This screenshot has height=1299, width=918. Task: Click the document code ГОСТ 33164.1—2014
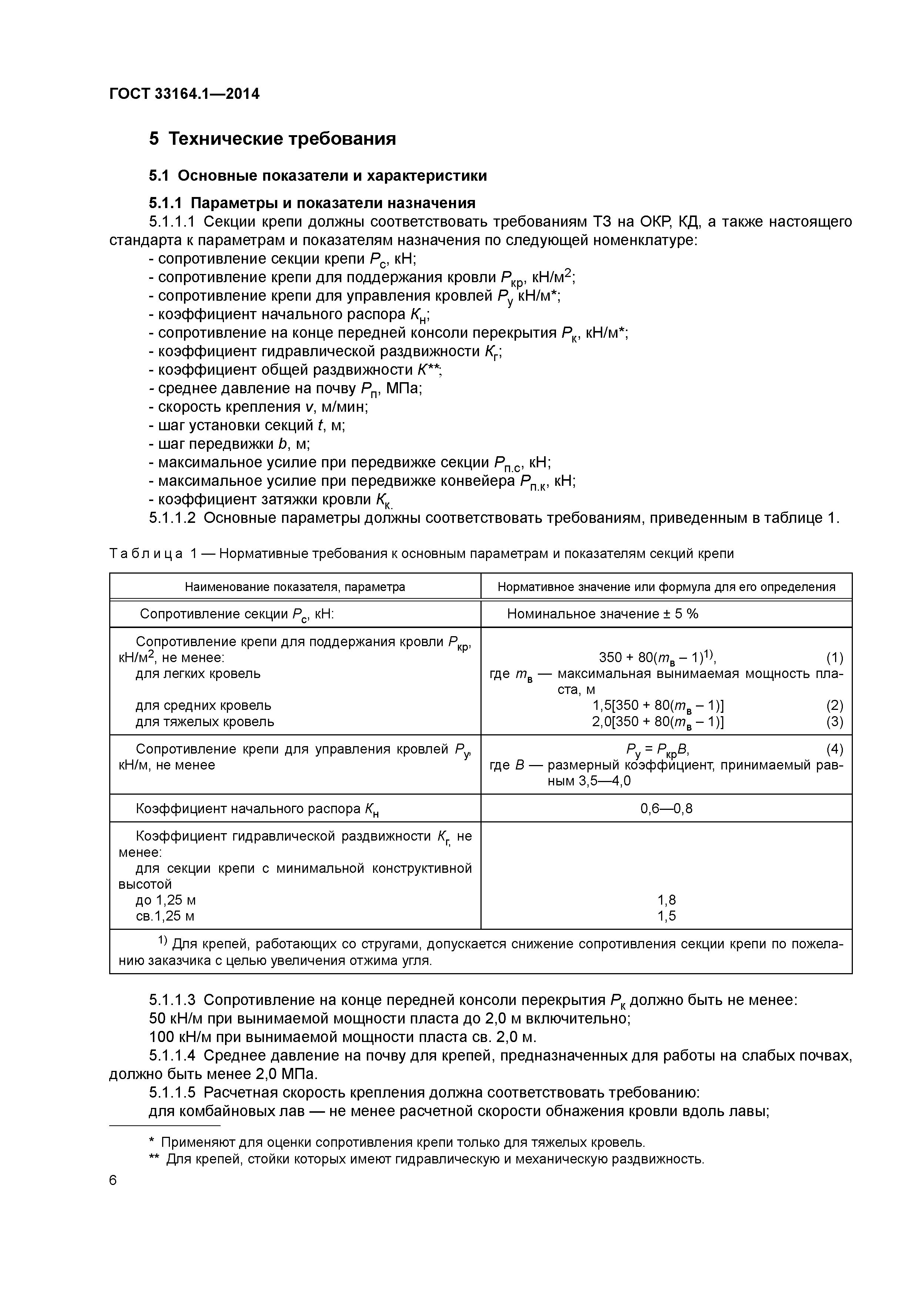[x=184, y=94]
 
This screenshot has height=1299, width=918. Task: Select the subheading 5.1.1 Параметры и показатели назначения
[x=312, y=203]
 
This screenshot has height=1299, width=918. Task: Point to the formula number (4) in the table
[x=834, y=749]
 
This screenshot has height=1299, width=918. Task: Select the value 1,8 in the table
[x=666, y=899]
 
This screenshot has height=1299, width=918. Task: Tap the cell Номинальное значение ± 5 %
[x=602, y=614]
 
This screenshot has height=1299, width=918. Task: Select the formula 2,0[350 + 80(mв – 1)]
[x=658, y=722]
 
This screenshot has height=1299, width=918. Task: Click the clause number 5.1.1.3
[x=172, y=1000]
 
